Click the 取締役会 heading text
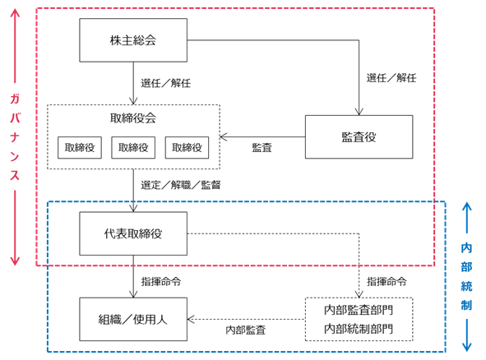pos(133,118)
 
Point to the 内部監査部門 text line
pos(359,310)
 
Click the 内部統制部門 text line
pos(359,329)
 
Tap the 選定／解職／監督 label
pos(181,185)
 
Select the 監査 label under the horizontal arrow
pos(262,148)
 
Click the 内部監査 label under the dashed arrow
pos(246,330)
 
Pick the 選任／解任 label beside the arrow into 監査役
pos(391,78)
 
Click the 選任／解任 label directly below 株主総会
pos(166,83)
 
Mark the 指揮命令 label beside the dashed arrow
pos(386,282)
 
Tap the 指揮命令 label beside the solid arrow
pos(161,282)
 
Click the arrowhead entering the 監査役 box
pos(359,112)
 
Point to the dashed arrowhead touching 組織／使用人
pos(191,320)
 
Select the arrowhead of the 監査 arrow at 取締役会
pos(224,136)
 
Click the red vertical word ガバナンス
pos(15,137)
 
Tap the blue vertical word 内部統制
pos(466,276)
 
